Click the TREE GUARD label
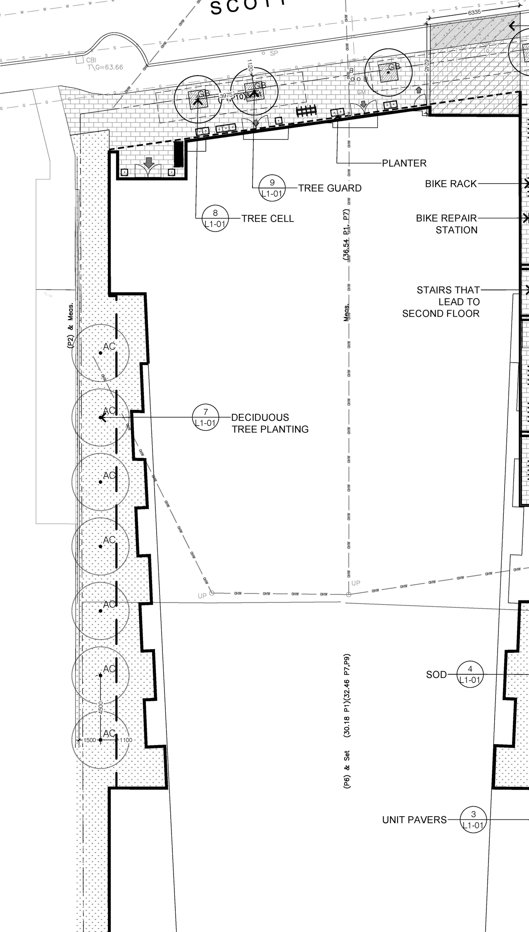tap(330, 188)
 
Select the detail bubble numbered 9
tap(272, 188)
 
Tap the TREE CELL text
tap(267, 218)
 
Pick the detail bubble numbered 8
tap(215, 218)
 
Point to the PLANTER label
tap(404, 163)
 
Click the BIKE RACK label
tap(451, 184)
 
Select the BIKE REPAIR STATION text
tap(446, 224)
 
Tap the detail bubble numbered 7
tap(206, 417)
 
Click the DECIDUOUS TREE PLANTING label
tap(270, 423)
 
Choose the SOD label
tap(436, 674)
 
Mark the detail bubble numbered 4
tap(470, 674)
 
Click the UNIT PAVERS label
tap(415, 820)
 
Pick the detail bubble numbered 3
tap(473, 820)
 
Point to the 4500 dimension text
tap(101, 707)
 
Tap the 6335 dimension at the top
tap(474, 12)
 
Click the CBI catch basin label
tap(91, 60)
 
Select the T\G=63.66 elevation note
tap(105, 67)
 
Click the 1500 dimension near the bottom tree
tap(90, 740)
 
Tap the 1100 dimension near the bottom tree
tap(126, 740)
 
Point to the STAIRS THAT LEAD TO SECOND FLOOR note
tap(441, 302)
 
